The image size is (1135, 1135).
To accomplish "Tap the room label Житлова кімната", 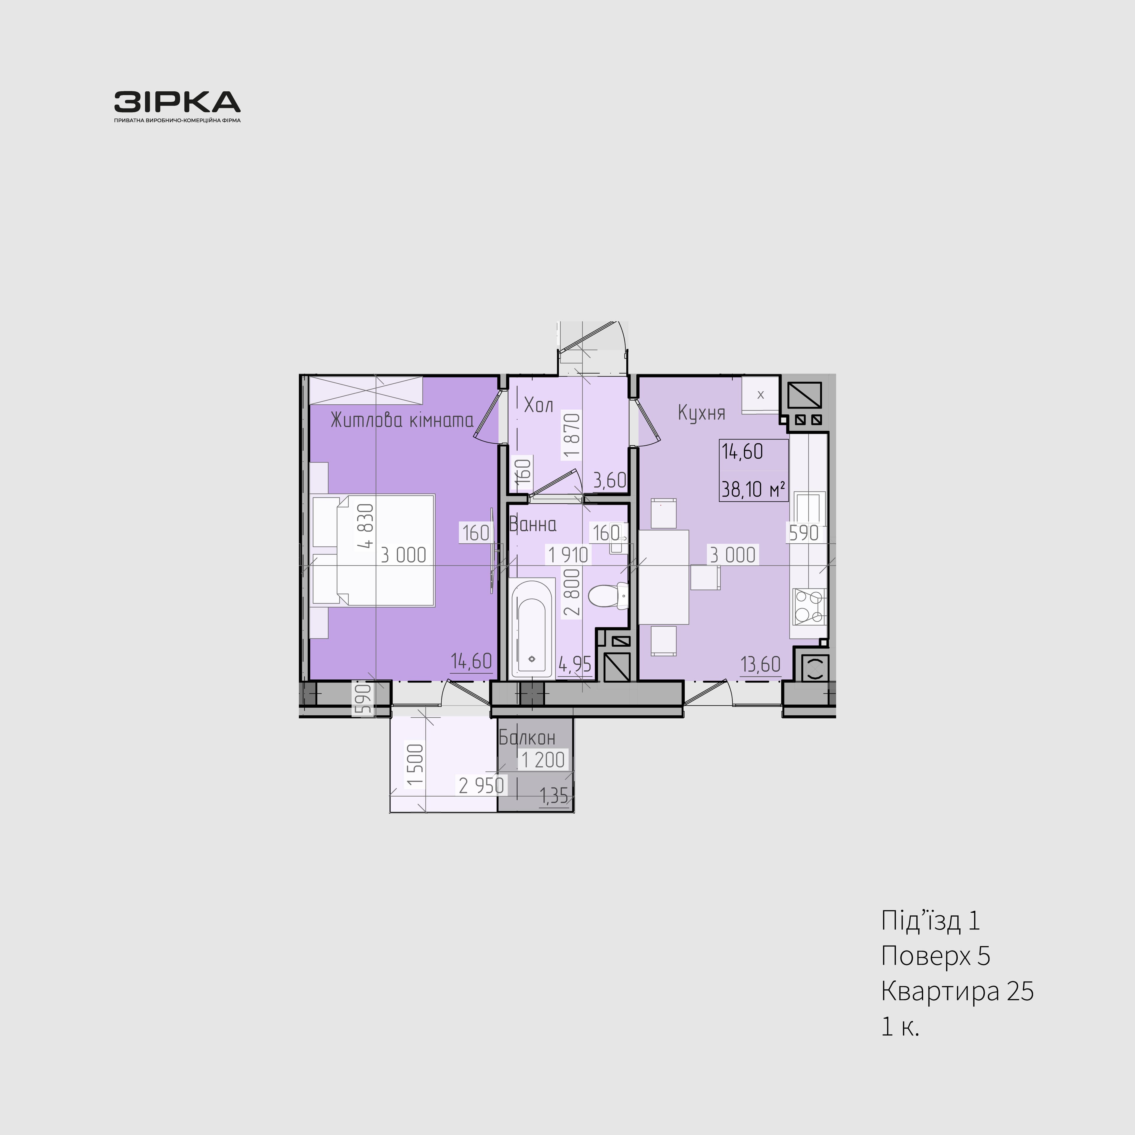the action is tap(402, 420).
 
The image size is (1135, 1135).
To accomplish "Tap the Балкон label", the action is tap(527, 738).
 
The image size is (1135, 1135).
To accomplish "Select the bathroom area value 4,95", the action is tap(575, 664).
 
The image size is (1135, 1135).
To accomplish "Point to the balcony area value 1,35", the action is tap(554, 796).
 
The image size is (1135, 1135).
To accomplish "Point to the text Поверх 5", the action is tap(935, 956).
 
